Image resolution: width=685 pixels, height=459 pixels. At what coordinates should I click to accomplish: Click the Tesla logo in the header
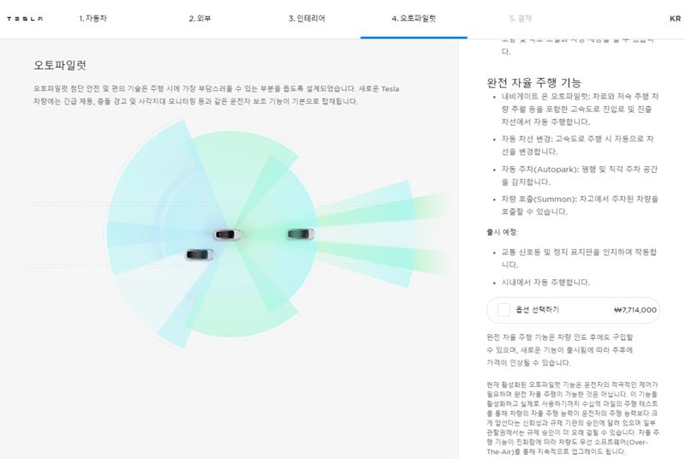25,19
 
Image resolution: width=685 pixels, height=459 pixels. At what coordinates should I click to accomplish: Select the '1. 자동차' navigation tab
93,18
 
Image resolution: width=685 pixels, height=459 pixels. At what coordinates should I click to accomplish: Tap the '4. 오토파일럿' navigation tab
414,18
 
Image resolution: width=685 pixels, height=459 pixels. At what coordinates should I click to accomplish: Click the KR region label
675,18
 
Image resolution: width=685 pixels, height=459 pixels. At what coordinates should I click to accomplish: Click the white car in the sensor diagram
227,234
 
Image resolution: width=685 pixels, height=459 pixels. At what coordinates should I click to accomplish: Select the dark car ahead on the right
301,234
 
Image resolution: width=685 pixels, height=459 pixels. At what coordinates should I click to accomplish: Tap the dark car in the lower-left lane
200,254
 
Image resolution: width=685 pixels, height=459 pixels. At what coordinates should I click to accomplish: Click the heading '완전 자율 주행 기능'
533,82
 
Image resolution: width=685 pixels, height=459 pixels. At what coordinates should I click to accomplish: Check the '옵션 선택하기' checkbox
503,310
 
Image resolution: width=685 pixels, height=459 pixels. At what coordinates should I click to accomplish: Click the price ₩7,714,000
634,310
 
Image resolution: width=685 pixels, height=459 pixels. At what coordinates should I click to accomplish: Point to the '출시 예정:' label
502,231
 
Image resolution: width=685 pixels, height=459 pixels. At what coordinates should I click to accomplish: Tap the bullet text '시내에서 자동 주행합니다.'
545,282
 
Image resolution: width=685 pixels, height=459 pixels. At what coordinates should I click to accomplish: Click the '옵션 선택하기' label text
537,310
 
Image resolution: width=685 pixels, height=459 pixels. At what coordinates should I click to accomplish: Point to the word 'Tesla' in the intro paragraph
390,88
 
